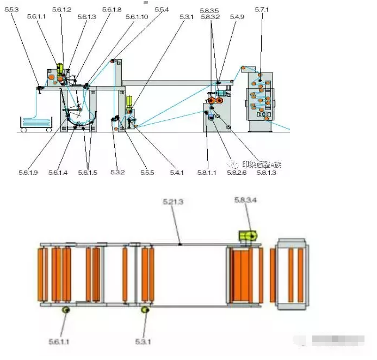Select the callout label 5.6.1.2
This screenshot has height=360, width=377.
[61, 10]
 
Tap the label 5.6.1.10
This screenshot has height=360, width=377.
[137, 17]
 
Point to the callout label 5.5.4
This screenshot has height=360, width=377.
[162, 10]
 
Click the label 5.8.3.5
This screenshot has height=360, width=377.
[209, 10]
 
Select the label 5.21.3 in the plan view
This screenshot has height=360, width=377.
[173, 202]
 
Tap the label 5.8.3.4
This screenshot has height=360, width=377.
[245, 200]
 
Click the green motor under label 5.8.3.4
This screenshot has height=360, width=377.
[248, 235]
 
